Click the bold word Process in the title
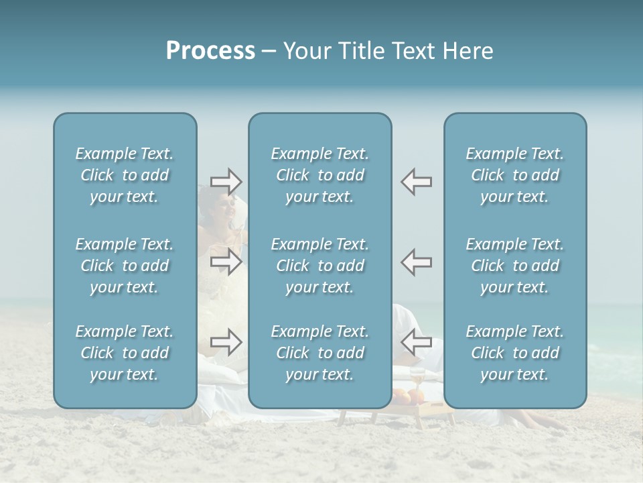pos(210,51)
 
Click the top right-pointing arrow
pos(226,181)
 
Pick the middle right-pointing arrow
pos(226,262)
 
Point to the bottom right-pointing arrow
pos(226,342)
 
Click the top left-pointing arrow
pos(416,181)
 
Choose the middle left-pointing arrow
pos(416,262)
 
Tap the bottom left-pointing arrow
pos(416,342)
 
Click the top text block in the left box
pos(125,175)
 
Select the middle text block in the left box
pos(125,266)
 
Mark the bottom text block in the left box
pos(125,353)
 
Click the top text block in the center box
pos(319,175)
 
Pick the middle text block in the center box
pos(319,266)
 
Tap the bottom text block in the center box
pos(319,353)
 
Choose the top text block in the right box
pos(515,175)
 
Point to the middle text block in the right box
pos(515,266)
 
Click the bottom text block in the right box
pos(515,353)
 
